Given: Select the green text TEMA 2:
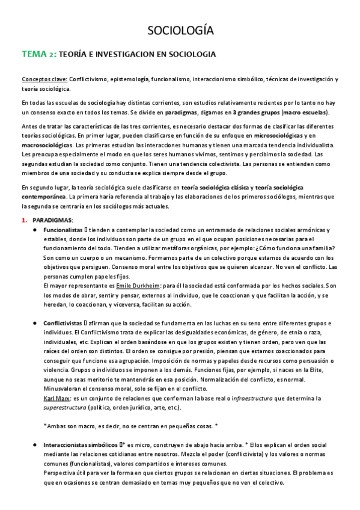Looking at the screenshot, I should pyautogui.click(x=39, y=54).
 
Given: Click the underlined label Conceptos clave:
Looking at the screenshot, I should pyautogui.click(x=44, y=79).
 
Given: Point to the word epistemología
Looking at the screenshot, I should pyautogui.click(x=128, y=79).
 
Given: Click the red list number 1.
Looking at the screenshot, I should pyautogui.click(x=24, y=221).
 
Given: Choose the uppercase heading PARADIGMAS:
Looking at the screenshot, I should pyautogui.click(x=53, y=221).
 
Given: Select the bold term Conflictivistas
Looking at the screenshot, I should pyautogui.click(x=63, y=323).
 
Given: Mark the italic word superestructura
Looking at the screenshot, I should pyautogui.click(x=66, y=407).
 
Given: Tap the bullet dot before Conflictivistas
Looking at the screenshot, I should pyautogui.click(x=36, y=323).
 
